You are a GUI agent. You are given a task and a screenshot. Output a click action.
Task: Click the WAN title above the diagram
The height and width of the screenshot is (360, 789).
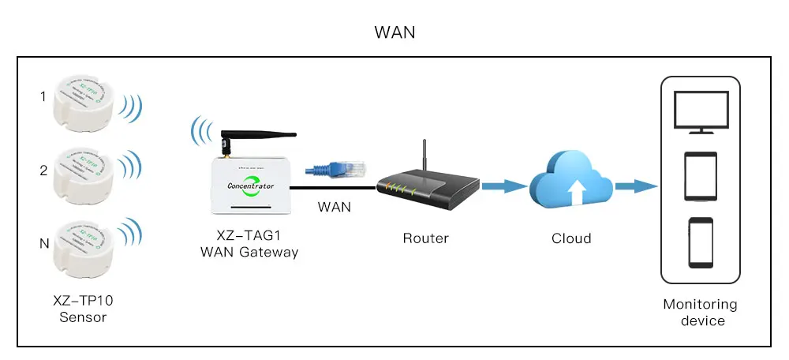(394, 32)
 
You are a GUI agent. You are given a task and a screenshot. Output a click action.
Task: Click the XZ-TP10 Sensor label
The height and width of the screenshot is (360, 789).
(83, 309)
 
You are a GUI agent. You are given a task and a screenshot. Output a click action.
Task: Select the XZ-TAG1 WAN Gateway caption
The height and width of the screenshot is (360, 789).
(249, 245)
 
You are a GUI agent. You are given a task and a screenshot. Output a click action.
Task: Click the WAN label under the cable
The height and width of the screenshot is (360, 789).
(334, 208)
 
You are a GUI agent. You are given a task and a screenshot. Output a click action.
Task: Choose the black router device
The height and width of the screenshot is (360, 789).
(426, 187)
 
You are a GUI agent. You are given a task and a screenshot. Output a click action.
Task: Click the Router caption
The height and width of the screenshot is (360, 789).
(425, 238)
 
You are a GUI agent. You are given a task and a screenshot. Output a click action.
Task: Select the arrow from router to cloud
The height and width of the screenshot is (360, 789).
(503, 187)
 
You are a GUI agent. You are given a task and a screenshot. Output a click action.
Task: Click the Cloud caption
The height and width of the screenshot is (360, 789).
(570, 238)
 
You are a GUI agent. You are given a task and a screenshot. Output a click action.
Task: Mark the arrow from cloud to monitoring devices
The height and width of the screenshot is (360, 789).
(634, 187)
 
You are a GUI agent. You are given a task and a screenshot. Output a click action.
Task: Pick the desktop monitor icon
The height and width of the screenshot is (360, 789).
(700, 111)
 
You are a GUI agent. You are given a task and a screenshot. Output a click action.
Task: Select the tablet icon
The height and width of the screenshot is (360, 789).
(700, 176)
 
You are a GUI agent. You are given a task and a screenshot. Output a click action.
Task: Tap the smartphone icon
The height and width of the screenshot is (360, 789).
(700, 242)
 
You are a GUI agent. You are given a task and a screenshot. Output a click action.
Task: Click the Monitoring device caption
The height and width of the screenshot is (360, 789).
(700, 312)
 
